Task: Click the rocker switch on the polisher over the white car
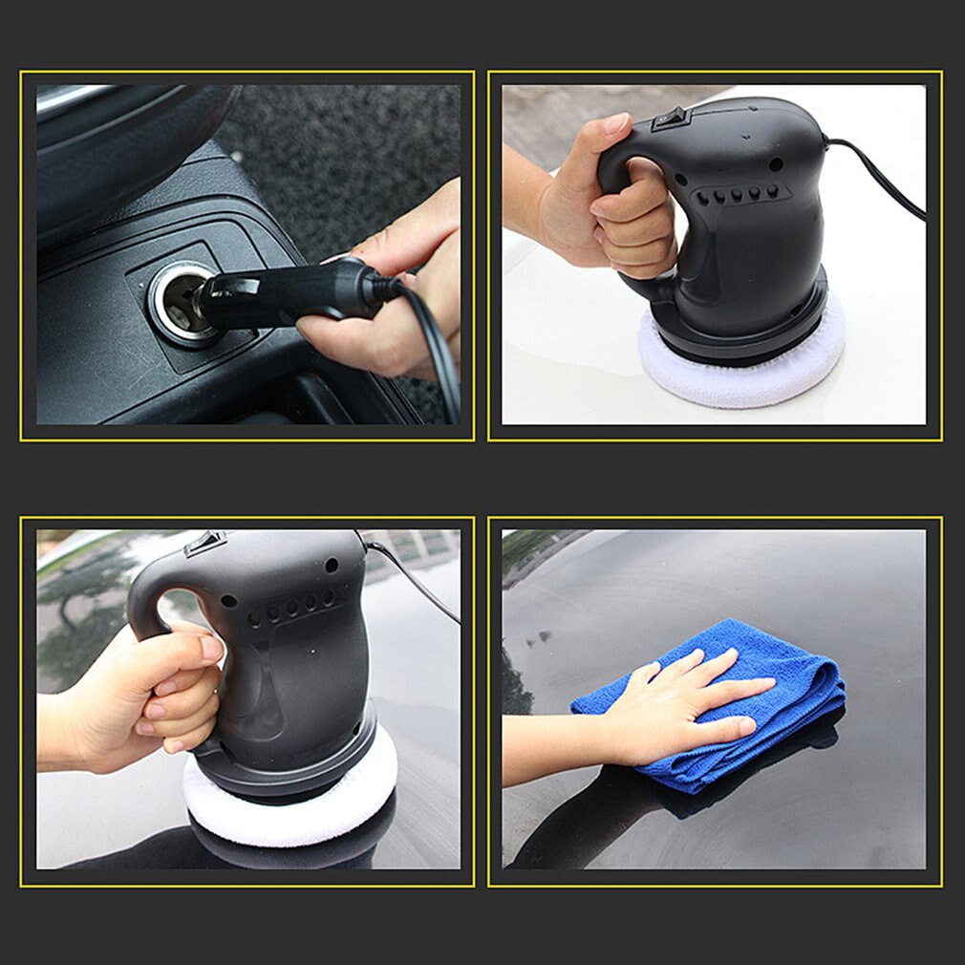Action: pyautogui.click(x=670, y=118)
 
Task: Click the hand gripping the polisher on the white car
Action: pyautogui.click(x=611, y=210)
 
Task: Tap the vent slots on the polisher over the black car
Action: pyautogui.click(x=291, y=608)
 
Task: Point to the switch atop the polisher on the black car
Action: pyautogui.click(x=204, y=544)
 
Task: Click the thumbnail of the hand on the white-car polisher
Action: pyautogui.click(x=613, y=124)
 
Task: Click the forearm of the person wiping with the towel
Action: pyautogui.click(x=554, y=745)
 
